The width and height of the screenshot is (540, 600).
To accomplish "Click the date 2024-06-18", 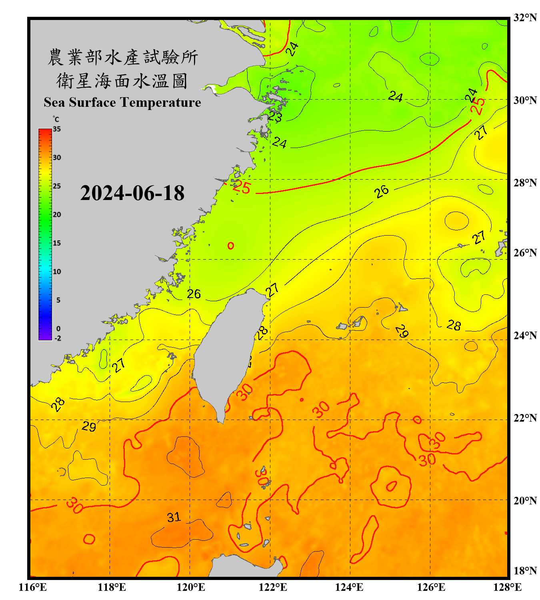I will point(132,193).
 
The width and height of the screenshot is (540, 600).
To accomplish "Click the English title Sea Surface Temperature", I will point(122,102).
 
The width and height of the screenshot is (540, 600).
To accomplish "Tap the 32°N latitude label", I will point(525,18).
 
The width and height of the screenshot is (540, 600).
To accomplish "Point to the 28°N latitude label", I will point(525,183).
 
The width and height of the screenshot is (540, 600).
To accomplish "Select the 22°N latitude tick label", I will point(525,418).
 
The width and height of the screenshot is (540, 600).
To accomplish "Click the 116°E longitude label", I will point(33,587).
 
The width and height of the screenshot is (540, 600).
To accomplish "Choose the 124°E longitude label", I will point(349,587).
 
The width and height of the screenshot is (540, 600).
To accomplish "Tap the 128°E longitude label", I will point(507,587).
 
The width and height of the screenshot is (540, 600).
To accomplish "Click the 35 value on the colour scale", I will point(57,129).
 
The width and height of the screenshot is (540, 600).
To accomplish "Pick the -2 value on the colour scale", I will point(58,338).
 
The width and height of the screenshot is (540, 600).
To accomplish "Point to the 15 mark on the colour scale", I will point(57,243).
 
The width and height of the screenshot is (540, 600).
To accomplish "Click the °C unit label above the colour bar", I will point(56,119).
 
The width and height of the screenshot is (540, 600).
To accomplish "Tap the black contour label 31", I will point(174,517).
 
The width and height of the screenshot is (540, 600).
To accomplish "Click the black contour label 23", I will point(275,116).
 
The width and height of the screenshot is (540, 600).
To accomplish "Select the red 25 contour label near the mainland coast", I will point(242,187).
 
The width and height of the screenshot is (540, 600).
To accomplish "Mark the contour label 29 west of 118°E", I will point(89,426).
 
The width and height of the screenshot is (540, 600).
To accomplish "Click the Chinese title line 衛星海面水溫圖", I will point(122,81).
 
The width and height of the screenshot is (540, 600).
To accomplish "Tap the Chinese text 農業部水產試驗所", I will point(122,57).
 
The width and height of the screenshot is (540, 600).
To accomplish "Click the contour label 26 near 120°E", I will point(194,294).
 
